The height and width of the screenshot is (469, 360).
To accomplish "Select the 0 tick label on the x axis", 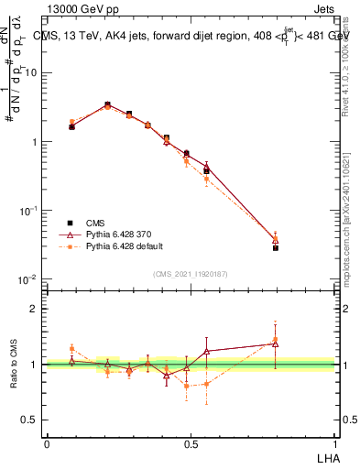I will pos(47,443).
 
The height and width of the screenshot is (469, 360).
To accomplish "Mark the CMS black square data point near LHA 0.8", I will pos(276,247).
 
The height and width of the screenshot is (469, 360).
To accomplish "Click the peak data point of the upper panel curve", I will pos(107,104).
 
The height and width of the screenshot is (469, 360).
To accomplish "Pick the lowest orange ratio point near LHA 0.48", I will pos(187,386).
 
